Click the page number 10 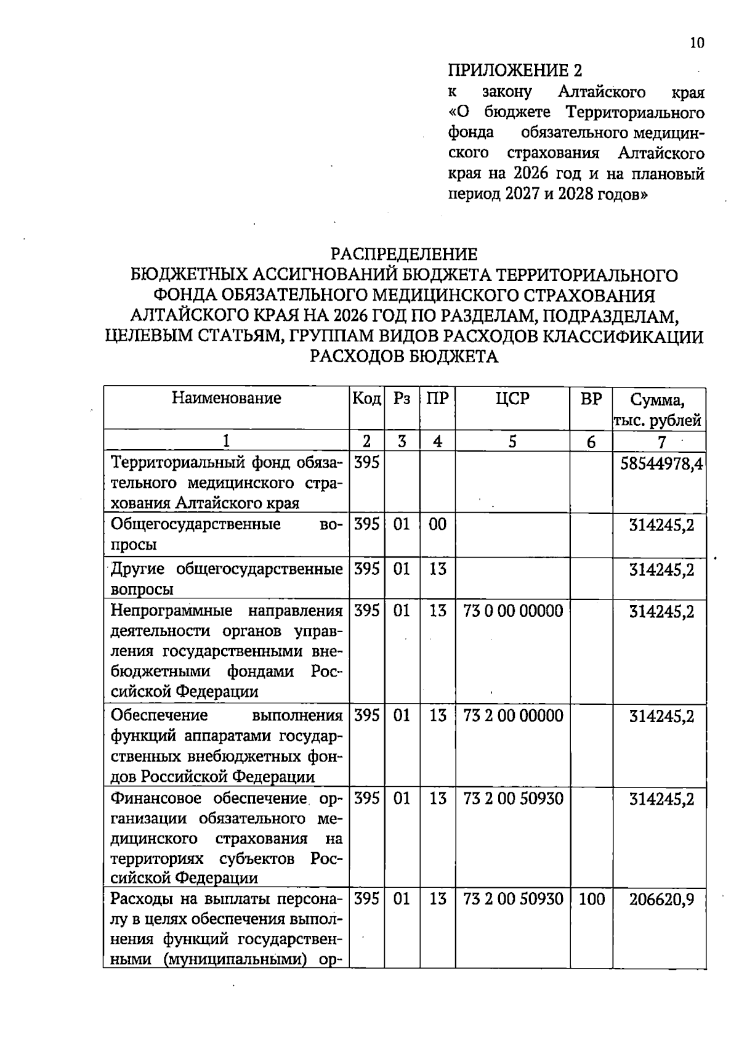click(697, 43)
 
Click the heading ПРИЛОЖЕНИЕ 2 click(515, 70)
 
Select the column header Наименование click(226, 398)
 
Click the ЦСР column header click(512, 399)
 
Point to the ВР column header click(591, 399)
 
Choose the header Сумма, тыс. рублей click(658, 410)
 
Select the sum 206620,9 click(661, 900)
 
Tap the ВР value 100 click(592, 899)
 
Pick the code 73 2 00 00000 click(513, 715)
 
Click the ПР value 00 click(437, 525)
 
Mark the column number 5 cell click(512, 441)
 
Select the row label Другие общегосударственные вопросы click(227, 578)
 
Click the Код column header click(366, 399)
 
